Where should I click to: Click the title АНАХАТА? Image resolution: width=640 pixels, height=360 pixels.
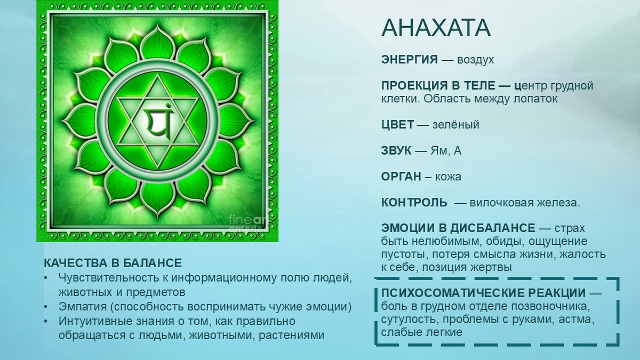click(x=436, y=28)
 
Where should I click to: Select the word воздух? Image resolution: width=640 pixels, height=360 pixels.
click(x=475, y=60)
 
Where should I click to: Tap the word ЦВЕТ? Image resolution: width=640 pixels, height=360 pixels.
click(x=397, y=125)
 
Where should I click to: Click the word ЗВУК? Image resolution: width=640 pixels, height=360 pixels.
click(x=396, y=151)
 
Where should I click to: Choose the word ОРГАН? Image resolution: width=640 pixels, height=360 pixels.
click(x=401, y=177)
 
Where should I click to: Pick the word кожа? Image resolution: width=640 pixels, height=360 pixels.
click(x=449, y=177)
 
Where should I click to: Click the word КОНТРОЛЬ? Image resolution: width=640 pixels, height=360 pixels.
click(x=414, y=203)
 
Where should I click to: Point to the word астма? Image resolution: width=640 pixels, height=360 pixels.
click(x=577, y=319)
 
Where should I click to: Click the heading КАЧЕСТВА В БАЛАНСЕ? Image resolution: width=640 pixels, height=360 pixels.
click(x=113, y=263)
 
